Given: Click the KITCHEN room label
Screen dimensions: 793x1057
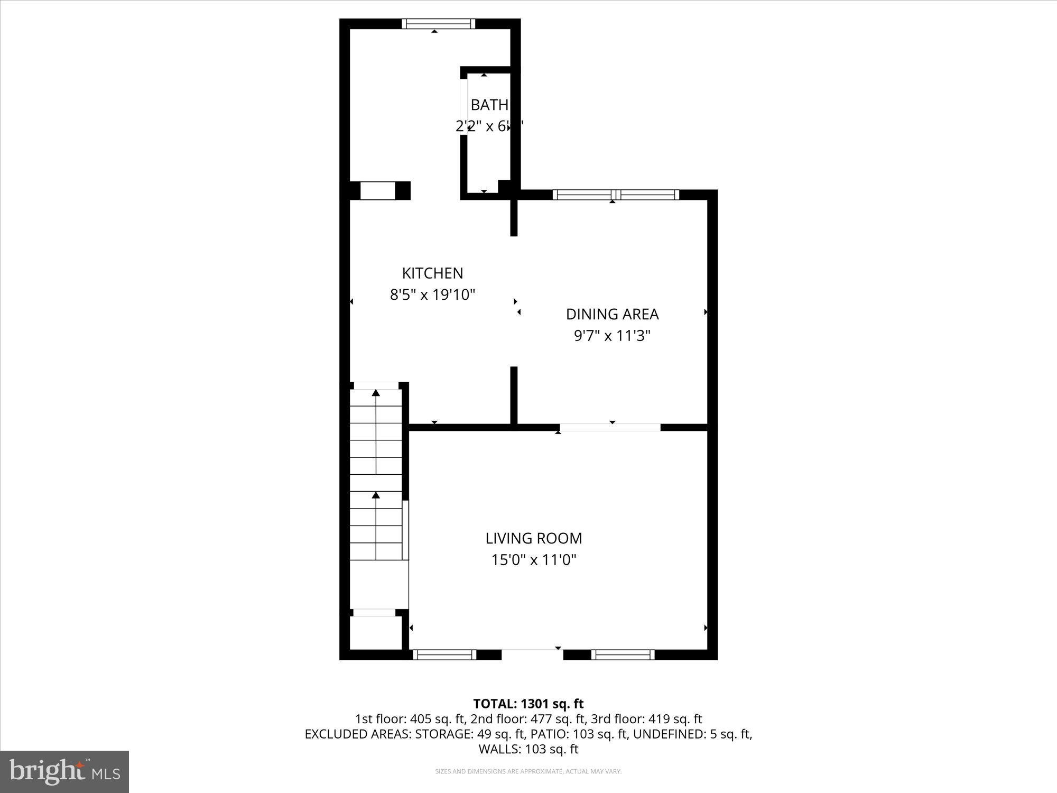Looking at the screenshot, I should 432,273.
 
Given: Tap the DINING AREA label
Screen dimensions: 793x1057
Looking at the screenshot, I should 612,314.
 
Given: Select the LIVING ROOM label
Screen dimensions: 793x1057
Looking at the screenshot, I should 534,538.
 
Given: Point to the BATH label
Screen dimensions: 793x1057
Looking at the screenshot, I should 489,105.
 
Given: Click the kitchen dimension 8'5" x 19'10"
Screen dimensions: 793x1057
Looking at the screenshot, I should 432,294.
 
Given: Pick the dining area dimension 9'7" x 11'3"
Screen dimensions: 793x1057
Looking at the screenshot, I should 612,336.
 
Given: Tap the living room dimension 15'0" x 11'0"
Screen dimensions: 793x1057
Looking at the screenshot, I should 534,560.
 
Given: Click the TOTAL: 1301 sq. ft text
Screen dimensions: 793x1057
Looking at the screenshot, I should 528,704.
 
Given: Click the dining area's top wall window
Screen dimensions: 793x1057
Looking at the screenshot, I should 616,195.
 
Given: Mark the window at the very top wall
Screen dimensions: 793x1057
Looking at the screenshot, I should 438,24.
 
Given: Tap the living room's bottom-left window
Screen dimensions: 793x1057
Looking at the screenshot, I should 444,654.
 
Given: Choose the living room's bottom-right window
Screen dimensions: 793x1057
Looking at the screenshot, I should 623,654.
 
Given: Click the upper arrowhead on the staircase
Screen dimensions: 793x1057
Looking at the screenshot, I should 376,393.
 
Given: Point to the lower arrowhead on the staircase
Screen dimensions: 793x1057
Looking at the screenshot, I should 376,495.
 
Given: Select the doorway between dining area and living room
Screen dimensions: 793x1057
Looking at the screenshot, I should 610,427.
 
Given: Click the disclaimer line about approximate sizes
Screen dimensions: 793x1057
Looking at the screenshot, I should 528,771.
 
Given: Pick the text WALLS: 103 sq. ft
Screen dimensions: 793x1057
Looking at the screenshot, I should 528,749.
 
